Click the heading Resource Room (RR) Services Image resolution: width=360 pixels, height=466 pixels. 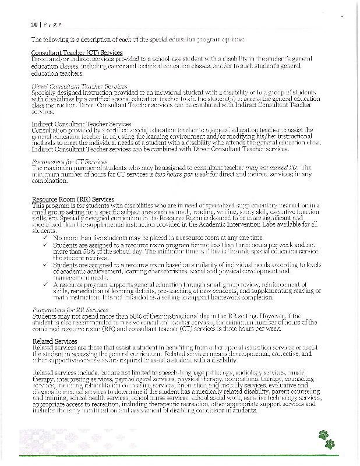[x=72, y=200]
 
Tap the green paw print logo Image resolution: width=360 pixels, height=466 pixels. [x=326, y=439]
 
